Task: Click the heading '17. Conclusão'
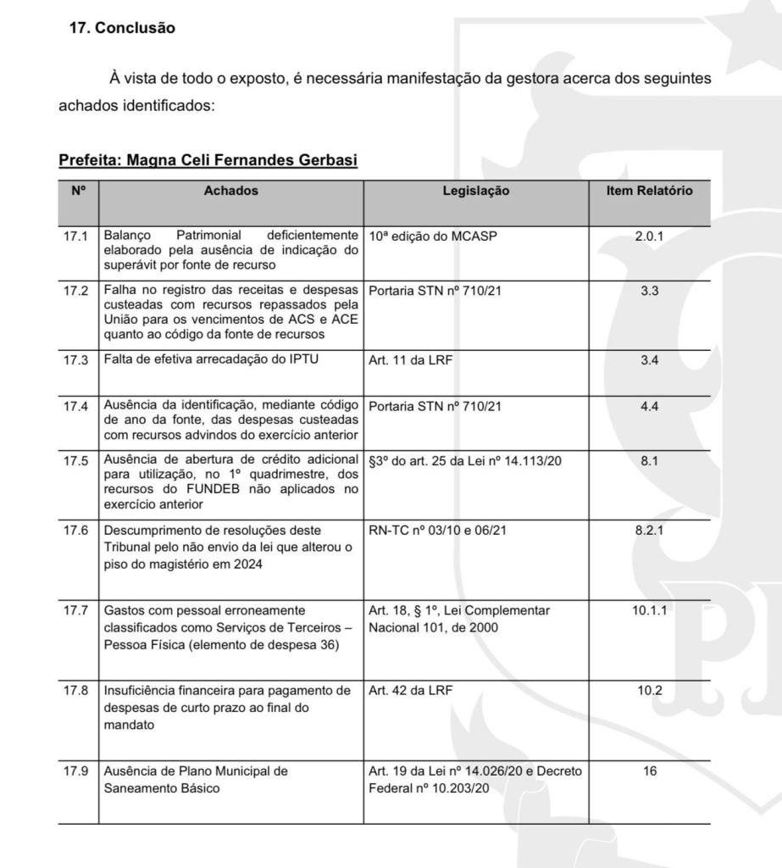click(121, 28)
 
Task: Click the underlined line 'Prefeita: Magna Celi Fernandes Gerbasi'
click(208, 160)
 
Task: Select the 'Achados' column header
click(231, 192)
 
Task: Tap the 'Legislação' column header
click(476, 192)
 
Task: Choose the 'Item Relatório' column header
click(649, 192)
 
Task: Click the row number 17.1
click(77, 236)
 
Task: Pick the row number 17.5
click(77, 461)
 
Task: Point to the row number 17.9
click(77, 771)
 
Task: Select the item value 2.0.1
click(649, 236)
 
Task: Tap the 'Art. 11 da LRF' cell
click(409, 359)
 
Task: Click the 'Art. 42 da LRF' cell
click(410, 690)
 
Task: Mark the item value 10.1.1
click(649, 610)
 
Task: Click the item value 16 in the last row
click(649, 771)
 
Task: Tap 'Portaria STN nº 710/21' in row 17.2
click(435, 290)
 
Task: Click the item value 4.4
click(649, 407)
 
